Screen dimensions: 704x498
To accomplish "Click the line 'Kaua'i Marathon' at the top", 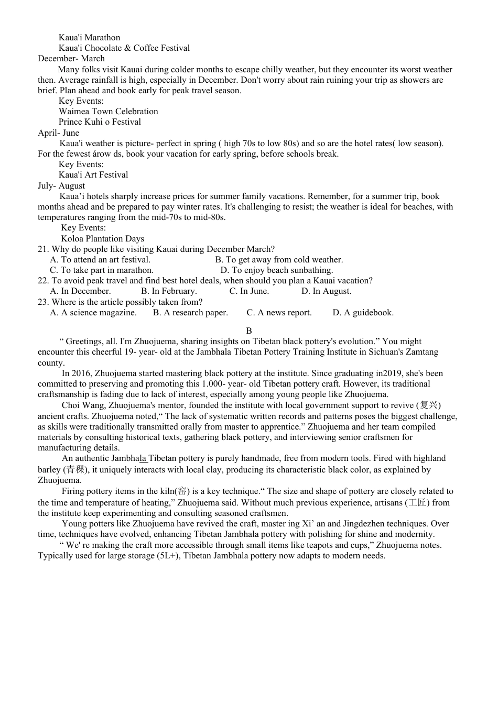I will tap(89, 38).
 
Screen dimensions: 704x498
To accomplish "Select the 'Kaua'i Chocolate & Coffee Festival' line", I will tap(124, 48).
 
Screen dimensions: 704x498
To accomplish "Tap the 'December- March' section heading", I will tap(71, 59).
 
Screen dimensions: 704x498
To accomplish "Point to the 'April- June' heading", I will tap(59, 133).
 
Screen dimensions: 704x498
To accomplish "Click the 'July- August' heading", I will tap(61, 186).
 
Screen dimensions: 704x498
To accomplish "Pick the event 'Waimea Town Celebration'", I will tap(108, 112).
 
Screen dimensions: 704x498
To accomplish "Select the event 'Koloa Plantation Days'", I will tap(102, 239).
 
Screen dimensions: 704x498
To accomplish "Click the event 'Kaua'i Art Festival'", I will tap(93, 175).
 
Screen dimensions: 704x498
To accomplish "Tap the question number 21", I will tap(43, 249).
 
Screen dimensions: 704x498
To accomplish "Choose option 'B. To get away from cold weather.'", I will tap(279, 260).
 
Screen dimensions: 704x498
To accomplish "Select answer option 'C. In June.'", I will tap(249, 291).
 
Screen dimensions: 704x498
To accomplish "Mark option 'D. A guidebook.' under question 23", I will tap(363, 313).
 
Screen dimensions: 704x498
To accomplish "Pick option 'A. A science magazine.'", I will tap(93, 313).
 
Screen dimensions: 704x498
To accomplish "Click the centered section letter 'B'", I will tap(249, 331).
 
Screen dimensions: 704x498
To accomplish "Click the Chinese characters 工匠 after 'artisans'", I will tap(417, 503).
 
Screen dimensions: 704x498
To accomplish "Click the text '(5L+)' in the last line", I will tap(168, 556).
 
